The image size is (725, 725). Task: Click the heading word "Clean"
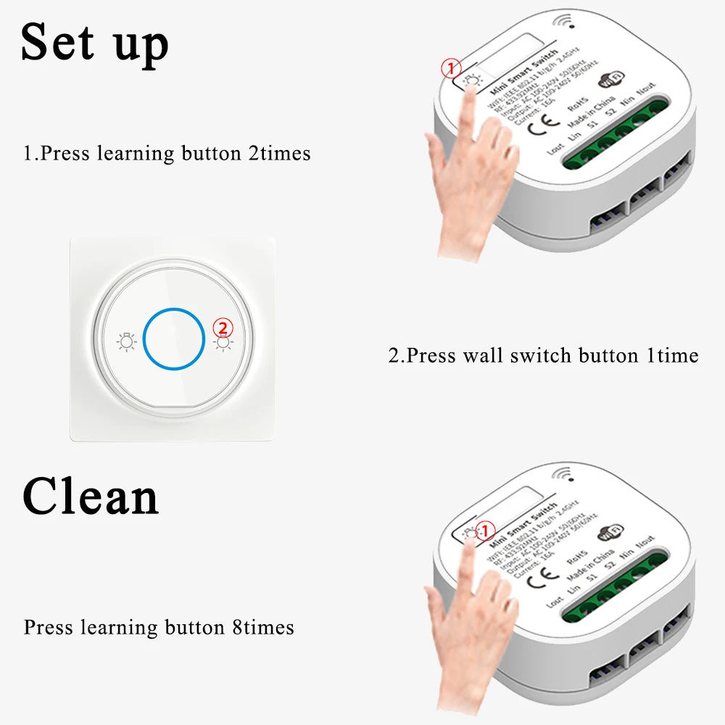[x=91, y=497]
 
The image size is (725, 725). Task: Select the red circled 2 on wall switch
[x=223, y=327]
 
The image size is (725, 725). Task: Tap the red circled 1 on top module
[x=452, y=69]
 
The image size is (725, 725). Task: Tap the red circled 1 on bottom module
[x=485, y=529]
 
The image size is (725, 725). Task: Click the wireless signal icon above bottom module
[x=562, y=475]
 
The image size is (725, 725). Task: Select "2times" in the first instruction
[x=279, y=154]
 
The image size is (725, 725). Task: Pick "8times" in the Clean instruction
[x=263, y=627]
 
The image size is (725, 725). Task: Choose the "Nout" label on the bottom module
[x=645, y=542]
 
